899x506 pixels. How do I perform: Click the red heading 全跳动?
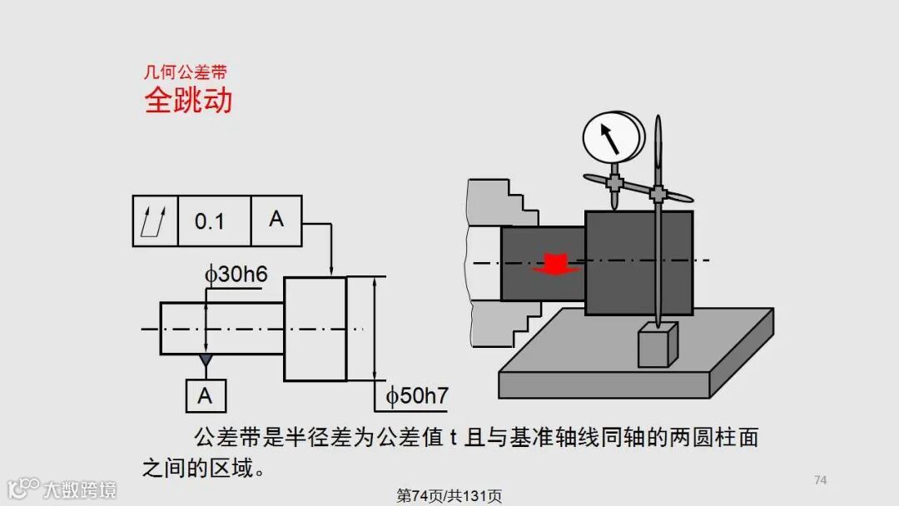[188, 101]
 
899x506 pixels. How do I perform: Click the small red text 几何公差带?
[185, 72]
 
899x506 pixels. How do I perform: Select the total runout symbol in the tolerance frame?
[156, 221]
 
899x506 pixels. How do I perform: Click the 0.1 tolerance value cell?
[210, 221]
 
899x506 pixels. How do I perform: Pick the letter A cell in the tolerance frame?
[276, 220]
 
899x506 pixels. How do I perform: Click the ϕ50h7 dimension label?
[417, 396]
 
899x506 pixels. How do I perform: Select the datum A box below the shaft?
[205, 396]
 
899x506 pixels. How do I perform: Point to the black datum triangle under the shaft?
[206, 360]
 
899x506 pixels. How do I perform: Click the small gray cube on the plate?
[658, 346]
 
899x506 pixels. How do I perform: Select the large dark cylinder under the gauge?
[638, 263]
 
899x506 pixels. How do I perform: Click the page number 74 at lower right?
[820, 479]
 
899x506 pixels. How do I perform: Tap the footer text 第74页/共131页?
[449, 496]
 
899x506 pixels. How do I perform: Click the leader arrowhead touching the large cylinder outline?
[331, 270]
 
